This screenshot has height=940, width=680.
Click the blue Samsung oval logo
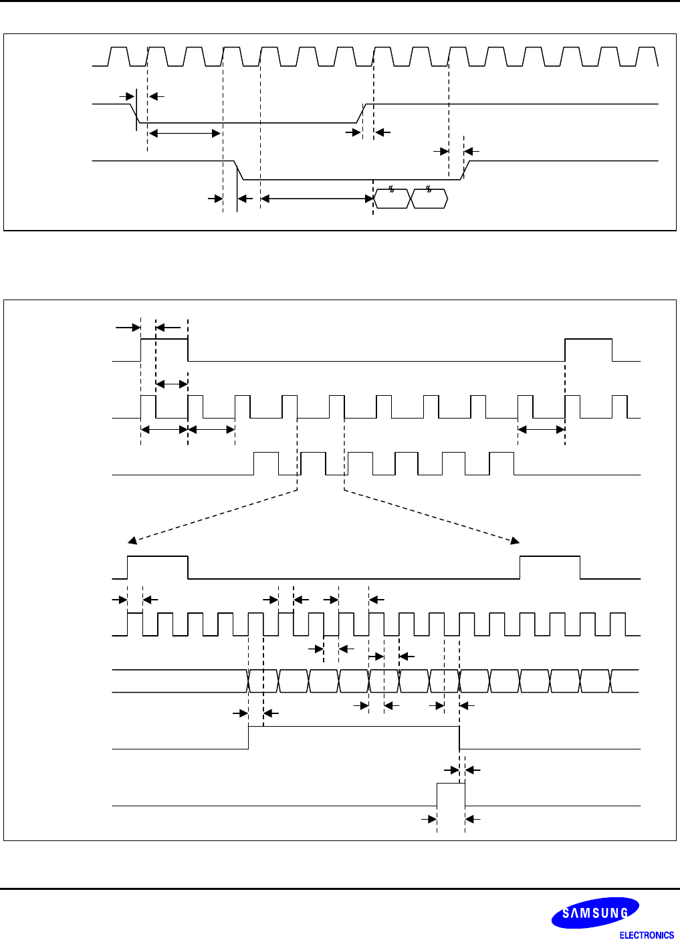tap(594, 913)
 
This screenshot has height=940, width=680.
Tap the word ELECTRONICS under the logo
tap(647, 935)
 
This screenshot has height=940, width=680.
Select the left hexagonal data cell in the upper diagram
tap(392, 199)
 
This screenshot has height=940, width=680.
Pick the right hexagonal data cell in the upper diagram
tap(429, 199)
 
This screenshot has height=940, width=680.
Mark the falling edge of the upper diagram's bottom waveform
tap(239, 170)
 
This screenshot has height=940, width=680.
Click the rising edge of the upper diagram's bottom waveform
tap(466, 170)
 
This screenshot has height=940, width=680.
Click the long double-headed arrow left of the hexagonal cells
tap(316, 199)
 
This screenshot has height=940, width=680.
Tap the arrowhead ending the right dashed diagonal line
tap(516, 540)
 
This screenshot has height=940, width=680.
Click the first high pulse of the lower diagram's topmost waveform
tap(164, 350)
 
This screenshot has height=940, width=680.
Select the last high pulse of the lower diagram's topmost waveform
tap(588, 350)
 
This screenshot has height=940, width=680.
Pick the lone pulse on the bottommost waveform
tap(451, 794)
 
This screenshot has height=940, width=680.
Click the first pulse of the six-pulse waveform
tap(265, 463)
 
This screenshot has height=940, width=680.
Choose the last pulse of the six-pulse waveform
tap(501, 463)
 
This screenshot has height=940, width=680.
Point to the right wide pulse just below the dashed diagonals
tap(550, 567)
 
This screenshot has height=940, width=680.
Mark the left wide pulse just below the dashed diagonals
tap(158, 567)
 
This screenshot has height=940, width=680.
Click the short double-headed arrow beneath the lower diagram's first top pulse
tap(172, 384)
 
